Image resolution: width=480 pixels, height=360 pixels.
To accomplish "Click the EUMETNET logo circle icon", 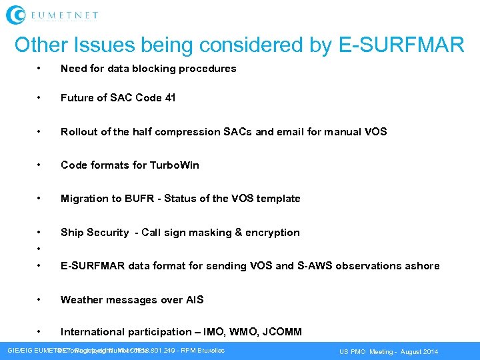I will tap(15, 14).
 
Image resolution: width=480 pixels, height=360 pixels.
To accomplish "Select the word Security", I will tap(107, 232).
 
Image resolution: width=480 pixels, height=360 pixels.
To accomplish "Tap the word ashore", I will tap(422, 265).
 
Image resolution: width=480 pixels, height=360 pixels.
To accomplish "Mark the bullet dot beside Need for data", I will tap(41, 68).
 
